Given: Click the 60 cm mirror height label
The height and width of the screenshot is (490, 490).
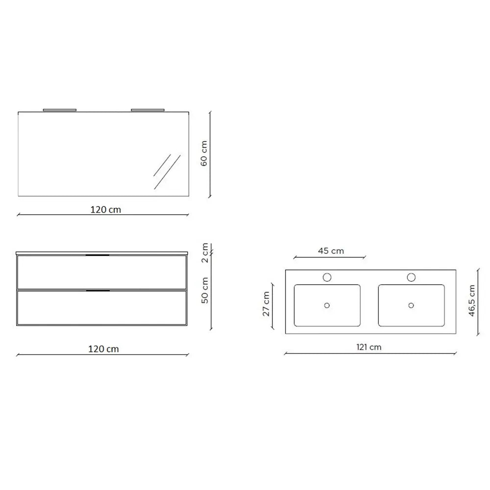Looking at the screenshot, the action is click(204, 153).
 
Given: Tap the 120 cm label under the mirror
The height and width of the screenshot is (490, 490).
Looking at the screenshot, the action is click(106, 209).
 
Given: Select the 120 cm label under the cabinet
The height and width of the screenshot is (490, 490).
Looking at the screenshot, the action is click(103, 349).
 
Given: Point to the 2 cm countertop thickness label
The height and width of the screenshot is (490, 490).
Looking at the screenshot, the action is click(205, 253).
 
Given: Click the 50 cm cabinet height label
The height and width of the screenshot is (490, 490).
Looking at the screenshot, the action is click(205, 290).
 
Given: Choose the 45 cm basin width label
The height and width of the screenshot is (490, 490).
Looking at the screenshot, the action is click(331, 251).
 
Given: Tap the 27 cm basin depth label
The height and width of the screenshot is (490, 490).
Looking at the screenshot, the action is click(266, 304).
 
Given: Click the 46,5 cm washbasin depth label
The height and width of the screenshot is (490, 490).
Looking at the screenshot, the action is click(472, 301).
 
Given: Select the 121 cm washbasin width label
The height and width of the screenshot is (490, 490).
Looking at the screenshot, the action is click(369, 347).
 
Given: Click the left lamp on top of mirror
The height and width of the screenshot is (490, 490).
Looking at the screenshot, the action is click(60, 110).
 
